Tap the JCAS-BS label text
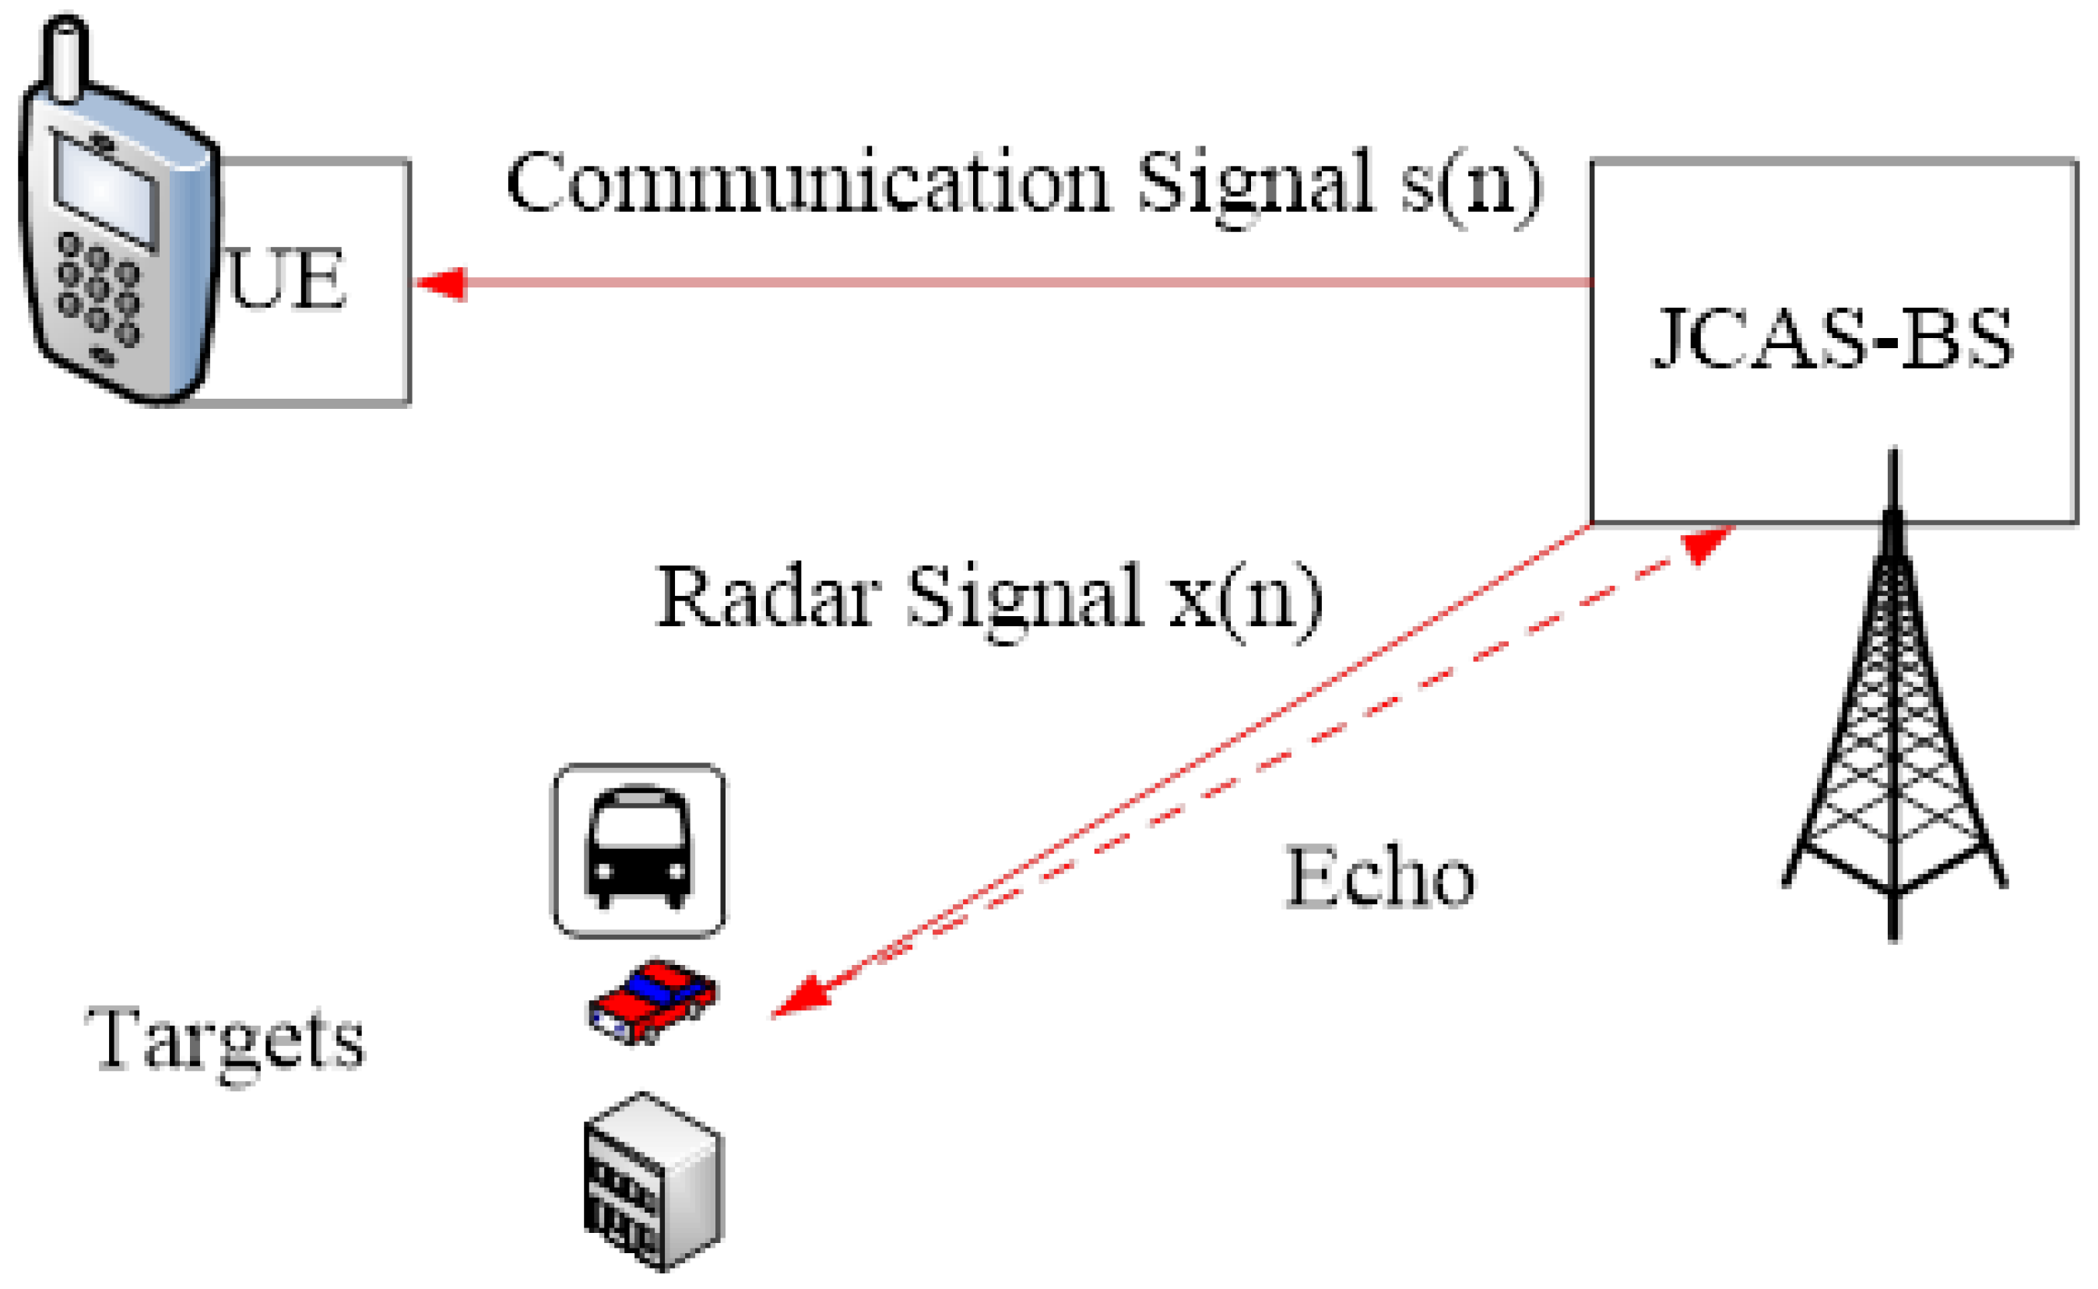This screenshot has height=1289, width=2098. [1832, 340]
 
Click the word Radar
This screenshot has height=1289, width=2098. [768, 596]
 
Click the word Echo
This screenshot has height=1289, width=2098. [1379, 877]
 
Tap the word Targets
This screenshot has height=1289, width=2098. [225, 1040]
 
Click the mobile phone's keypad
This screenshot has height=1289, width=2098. [97, 290]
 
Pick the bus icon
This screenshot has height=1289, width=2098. [639, 850]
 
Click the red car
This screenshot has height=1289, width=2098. [652, 1002]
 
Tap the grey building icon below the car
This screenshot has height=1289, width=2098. [652, 1181]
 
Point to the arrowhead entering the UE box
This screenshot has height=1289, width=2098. [441, 283]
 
